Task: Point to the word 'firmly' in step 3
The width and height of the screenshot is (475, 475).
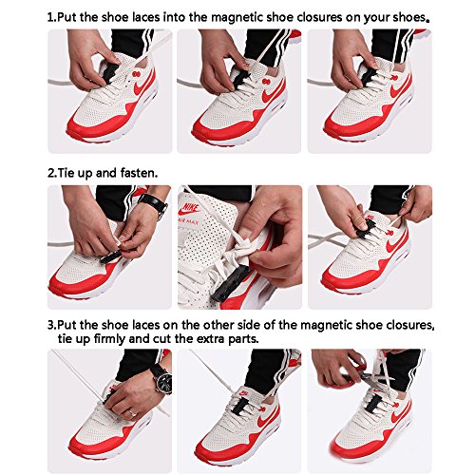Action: point(109,339)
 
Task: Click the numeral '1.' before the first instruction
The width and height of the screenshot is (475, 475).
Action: point(52,17)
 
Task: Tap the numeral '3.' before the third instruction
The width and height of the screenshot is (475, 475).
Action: point(52,325)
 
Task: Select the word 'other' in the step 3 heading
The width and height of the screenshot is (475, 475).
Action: point(218,325)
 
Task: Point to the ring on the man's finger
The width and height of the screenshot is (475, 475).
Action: point(132,412)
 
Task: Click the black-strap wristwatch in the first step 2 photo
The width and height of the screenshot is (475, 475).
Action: point(154,203)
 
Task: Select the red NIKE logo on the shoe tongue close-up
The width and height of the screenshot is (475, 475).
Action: point(189,209)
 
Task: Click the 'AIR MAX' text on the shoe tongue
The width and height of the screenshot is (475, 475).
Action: point(188,222)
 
